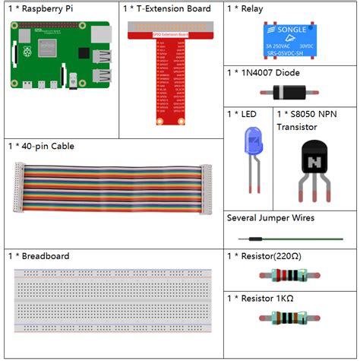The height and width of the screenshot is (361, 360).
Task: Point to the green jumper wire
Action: [290, 238]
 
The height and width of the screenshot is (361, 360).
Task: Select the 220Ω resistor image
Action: [290, 276]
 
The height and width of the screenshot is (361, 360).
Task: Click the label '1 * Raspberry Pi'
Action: [42, 9]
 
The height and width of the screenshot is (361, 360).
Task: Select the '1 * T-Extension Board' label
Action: [166, 9]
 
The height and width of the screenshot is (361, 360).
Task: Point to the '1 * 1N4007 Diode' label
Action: [263, 73]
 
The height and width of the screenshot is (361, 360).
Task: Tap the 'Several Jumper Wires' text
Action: [270, 218]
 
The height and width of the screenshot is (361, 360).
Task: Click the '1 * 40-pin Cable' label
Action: [41, 146]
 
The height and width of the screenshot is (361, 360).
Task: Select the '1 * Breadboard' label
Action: [39, 256]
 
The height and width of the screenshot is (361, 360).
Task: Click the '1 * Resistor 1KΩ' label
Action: [261, 297]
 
